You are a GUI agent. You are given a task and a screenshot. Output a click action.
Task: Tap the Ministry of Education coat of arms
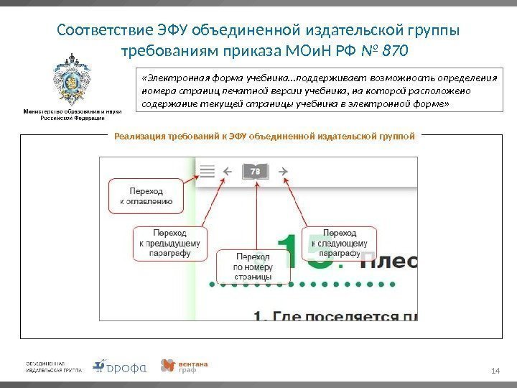[x=73, y=80]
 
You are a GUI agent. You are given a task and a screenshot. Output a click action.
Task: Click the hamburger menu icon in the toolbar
[x=208, y=171]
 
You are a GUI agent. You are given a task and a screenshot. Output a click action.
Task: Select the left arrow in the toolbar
[x=228, y=171]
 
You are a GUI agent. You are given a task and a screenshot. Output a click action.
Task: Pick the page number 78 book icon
[x=255, y=171]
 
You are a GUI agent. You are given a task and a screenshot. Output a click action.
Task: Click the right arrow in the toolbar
[x=283, y=171]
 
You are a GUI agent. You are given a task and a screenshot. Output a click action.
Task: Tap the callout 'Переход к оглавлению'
[x=146, y=197]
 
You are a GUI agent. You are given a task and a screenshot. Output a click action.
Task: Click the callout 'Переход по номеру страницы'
[x=253, y=267]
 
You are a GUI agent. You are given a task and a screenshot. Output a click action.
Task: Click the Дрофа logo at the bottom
[x=121, y=366]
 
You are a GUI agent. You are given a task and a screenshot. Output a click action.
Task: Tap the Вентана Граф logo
[x=185, y=366]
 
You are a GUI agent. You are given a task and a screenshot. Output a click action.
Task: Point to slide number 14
[x=494, y=370]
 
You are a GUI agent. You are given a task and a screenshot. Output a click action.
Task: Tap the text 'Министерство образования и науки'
[x=73, y=112]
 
